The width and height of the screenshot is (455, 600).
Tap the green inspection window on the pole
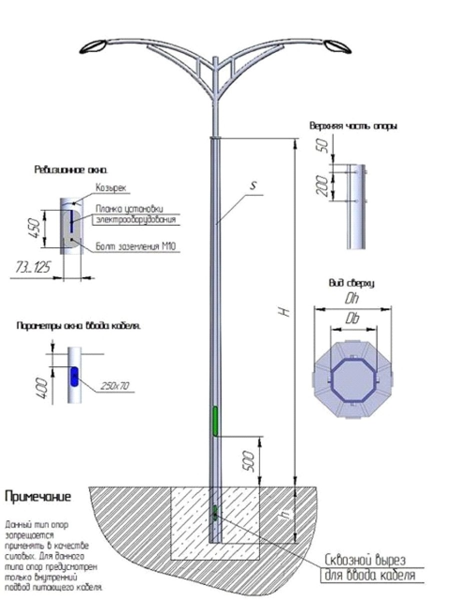pos(215,421)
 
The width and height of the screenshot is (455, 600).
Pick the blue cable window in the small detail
pos(74,377)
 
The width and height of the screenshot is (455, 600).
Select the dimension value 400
pos(42,388)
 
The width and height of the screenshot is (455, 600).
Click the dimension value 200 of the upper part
pos(322,186)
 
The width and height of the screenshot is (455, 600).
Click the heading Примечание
pos(38,497)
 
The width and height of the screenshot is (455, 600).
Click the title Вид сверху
pos(351,283)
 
